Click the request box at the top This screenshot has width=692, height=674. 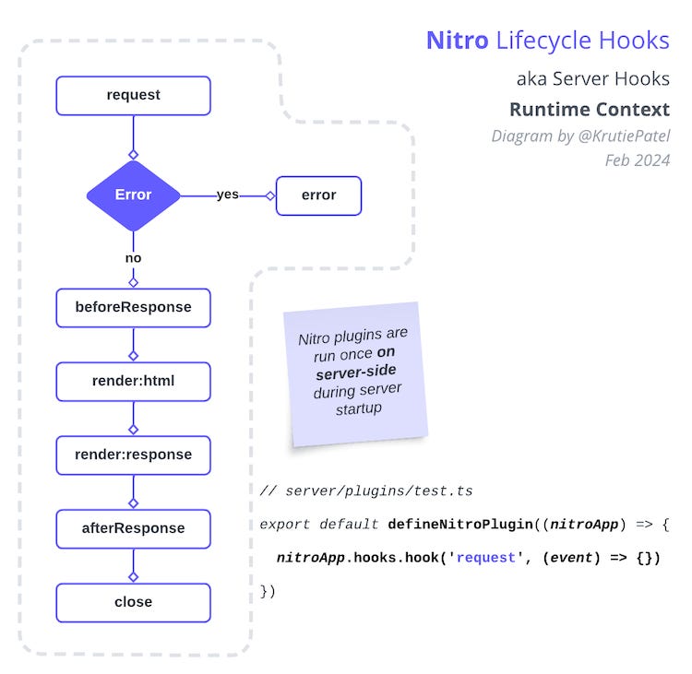point(133,95)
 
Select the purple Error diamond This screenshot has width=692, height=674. point(133,195)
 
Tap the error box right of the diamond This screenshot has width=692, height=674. point(318,195)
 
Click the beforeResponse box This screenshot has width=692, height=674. point(133,307)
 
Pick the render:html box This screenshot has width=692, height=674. point(133,381)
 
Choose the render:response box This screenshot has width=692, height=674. point(133,455)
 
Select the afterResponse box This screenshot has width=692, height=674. point(133,528)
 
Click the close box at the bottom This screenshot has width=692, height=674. point(133,602)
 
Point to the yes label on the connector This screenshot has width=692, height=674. point(227,195)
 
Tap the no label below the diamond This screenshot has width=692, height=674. point(133,258)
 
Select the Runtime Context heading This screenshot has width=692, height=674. point(589,110)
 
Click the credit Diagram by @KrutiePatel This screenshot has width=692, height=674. point(579,136)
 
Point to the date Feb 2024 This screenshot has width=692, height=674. point(637,160)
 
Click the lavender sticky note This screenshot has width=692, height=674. point(353,372)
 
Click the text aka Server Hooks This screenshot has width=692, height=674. point(592,78)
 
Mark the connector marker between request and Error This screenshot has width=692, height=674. point(133,154)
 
